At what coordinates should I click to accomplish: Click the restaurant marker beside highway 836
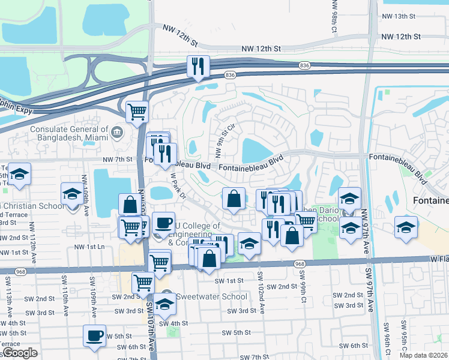pos(198,67)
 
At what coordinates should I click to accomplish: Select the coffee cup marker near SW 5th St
pos(94,336)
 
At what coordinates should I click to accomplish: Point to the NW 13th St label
pos(402,16)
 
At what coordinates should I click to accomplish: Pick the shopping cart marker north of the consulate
pos(137,111)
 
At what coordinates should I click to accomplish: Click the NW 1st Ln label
pos(89,247)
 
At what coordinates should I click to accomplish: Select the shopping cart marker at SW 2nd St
pos(143,282)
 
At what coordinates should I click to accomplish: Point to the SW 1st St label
pos(229,281)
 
